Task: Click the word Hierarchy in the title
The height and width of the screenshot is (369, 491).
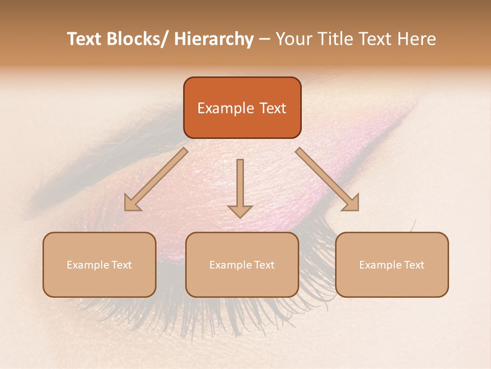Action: click(x=214, y=39)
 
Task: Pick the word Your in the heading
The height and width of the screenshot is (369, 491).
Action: click(x=294, y=39)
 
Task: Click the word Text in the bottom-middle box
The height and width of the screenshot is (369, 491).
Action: click(x=263, y=265)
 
